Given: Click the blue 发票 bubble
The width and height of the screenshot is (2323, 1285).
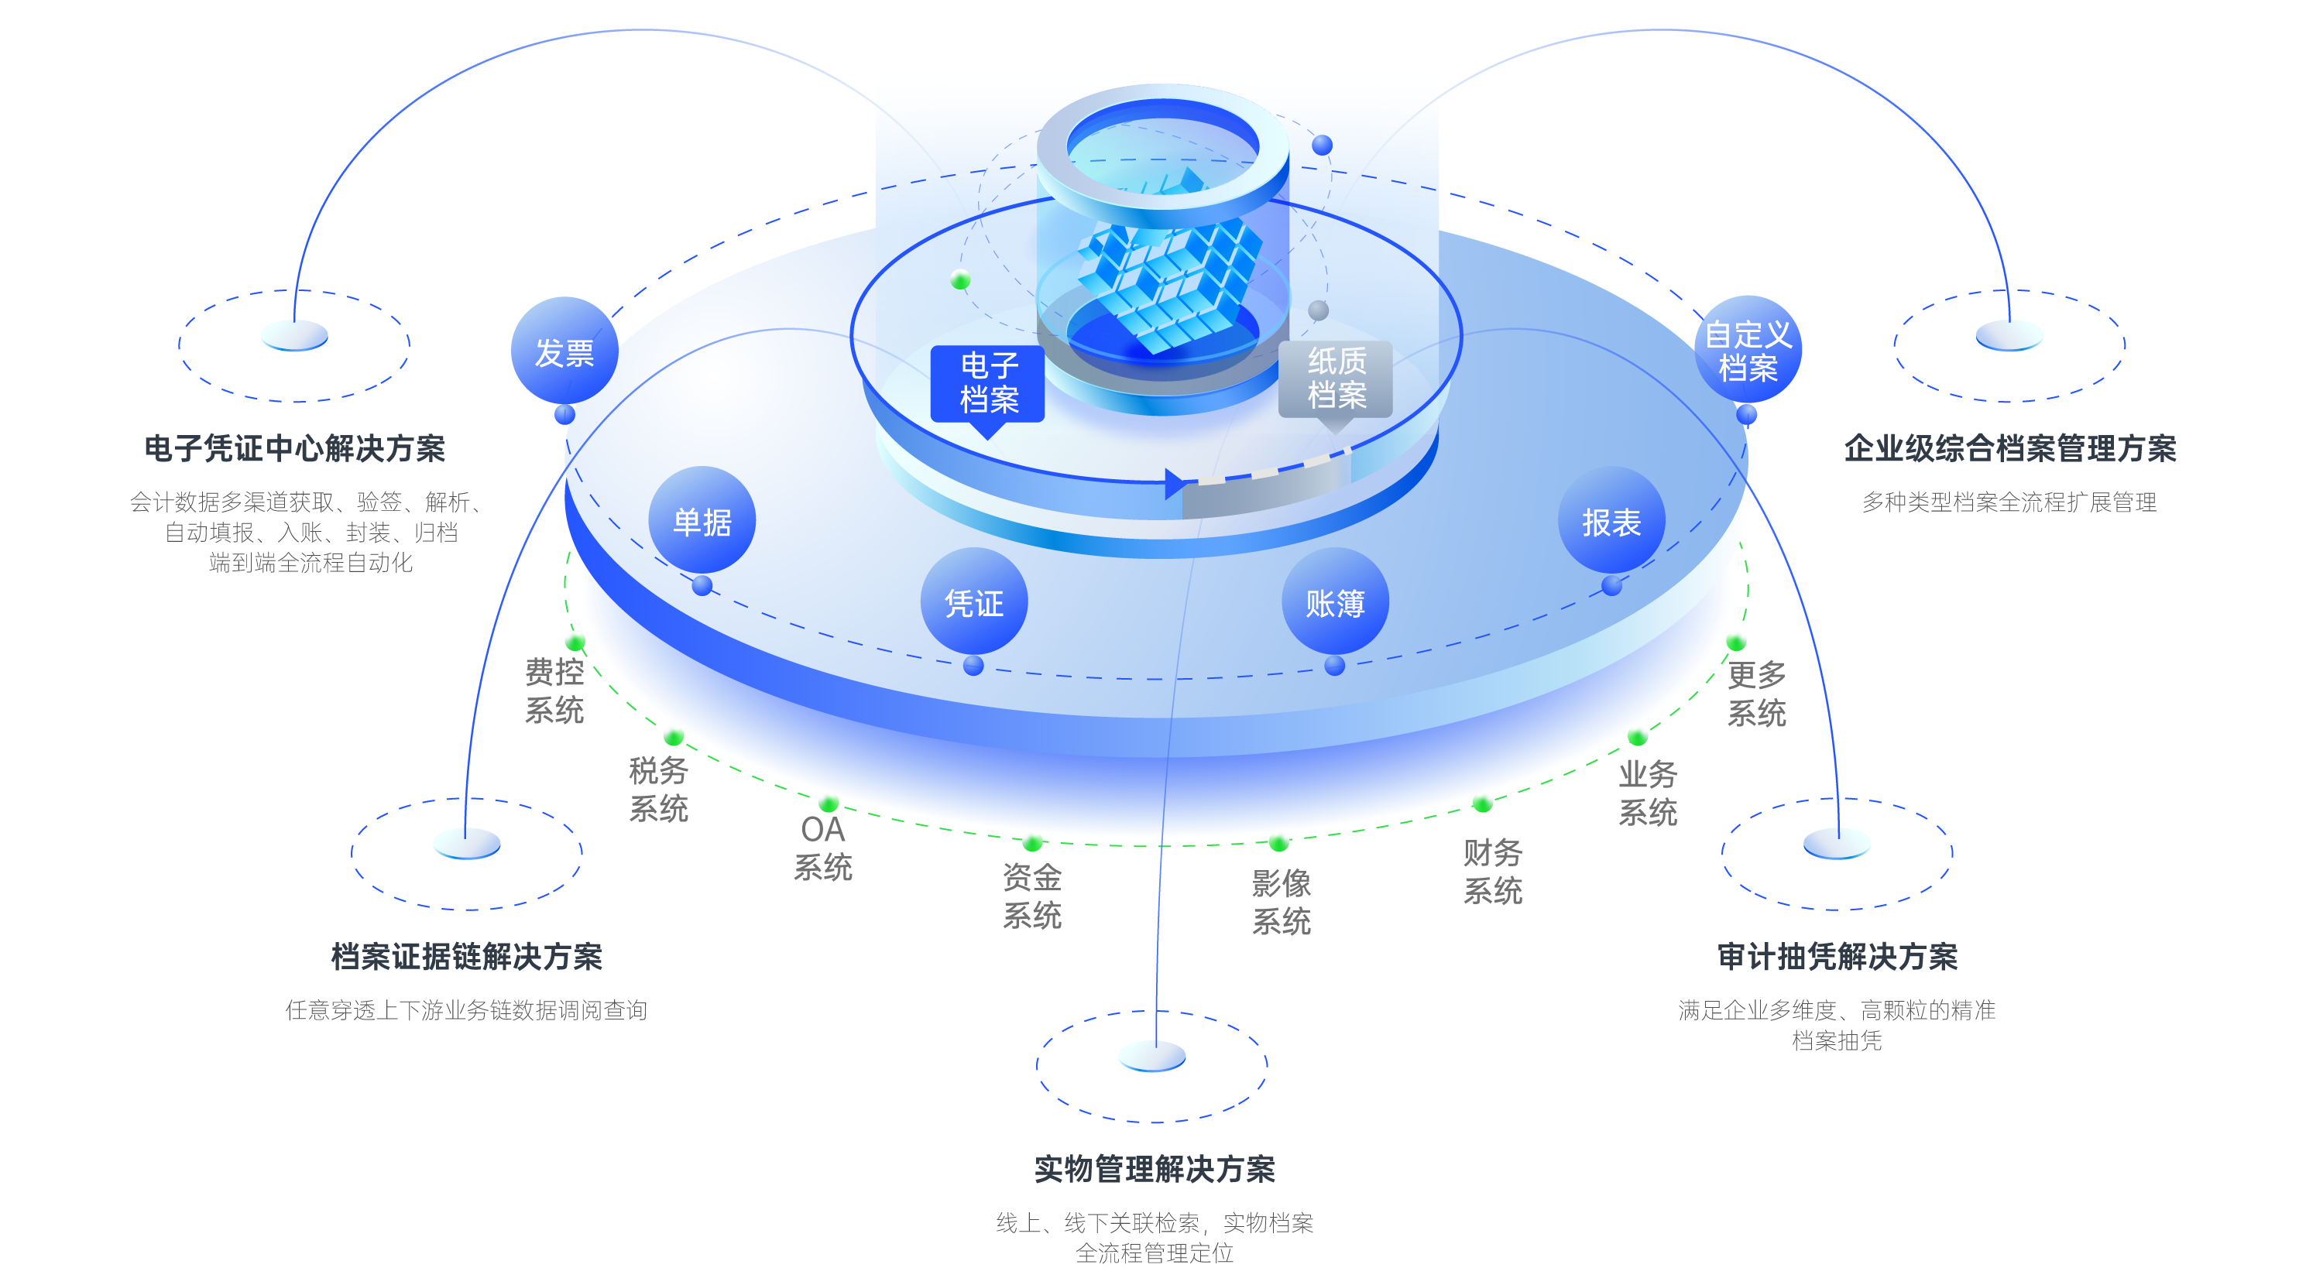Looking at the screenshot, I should (x=564, y=351).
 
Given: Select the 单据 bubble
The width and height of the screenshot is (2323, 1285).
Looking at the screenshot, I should (x=702, y=520).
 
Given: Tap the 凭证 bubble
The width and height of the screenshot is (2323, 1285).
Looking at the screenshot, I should (x=974, y=601).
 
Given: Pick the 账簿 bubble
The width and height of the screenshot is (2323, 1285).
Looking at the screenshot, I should (x=1335, y=601).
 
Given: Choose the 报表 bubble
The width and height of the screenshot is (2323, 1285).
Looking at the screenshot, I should (x=1611, y=520).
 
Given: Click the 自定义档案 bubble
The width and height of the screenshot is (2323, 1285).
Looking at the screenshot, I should (x=1748, y=350).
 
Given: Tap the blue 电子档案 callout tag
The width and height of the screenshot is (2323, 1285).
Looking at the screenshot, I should (x=988, y=382).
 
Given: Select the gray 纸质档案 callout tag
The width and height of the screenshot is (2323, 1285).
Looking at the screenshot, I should (x=1336, y=379).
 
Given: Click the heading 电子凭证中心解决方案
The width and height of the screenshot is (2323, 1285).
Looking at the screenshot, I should (x=295, y=448).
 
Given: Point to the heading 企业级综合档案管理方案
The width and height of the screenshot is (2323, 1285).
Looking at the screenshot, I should (x=2010, y=448).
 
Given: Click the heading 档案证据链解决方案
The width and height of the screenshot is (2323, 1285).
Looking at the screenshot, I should (x=466, y=956).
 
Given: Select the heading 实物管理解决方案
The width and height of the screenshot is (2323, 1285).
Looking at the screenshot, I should (x=1155, y=1169).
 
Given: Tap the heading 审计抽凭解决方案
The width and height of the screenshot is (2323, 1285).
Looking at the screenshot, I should (x=1837, y=956).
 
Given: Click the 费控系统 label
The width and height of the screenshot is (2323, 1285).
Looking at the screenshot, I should (x=554, y=690).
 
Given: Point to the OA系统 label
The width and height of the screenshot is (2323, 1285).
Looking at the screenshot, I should (x=822, y=848).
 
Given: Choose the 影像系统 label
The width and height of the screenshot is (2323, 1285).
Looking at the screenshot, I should (x=1281, y=902).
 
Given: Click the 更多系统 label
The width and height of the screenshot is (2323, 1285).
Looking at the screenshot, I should (x=1755, y=694).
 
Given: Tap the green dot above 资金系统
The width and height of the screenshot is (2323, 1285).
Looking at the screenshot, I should (x=1032, y=843).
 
